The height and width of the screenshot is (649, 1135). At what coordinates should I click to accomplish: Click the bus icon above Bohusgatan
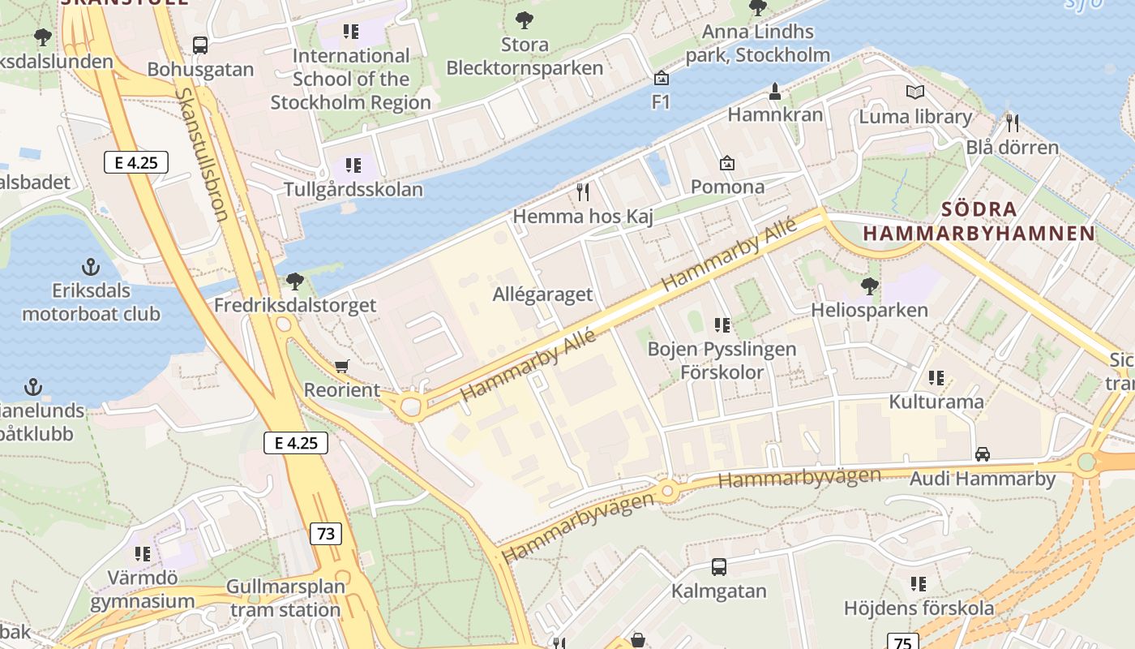(199, 45)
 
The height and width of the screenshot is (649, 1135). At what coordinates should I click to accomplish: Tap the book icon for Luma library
(915, 92)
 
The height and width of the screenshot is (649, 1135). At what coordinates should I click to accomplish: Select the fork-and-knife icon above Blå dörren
(1012, 123)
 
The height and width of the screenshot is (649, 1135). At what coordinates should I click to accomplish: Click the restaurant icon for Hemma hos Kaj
(582, 192)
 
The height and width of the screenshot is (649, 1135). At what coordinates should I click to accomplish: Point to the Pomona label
(727, 187)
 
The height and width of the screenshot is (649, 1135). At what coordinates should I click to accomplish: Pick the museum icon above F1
(662, 78)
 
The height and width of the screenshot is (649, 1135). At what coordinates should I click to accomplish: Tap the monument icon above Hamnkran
(775, 90)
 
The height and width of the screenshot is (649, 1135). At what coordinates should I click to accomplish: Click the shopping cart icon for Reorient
(341, 367)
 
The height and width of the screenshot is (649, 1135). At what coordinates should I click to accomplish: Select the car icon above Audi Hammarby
(983, 454)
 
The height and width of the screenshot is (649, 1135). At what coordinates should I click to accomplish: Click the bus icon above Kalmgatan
(718, 566)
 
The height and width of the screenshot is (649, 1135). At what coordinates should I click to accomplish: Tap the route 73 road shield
(325, 533)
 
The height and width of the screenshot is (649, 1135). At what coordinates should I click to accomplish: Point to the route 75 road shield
(902, 642)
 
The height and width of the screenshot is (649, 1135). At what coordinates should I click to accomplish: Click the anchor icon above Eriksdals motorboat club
(91, 266)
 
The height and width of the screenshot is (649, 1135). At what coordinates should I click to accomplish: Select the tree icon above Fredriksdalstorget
(295, 282)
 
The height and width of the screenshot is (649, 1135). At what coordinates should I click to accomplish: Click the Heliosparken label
(869, 310)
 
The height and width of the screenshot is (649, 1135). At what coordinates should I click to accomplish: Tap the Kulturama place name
(936, 402)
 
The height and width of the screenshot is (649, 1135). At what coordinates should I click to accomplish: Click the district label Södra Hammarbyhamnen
(979, 221)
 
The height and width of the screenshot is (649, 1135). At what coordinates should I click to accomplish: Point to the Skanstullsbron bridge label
(202, 154)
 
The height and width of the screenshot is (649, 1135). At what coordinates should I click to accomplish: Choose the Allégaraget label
(542, 294)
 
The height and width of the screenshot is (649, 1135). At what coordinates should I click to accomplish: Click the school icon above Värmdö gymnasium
(143, 554)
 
